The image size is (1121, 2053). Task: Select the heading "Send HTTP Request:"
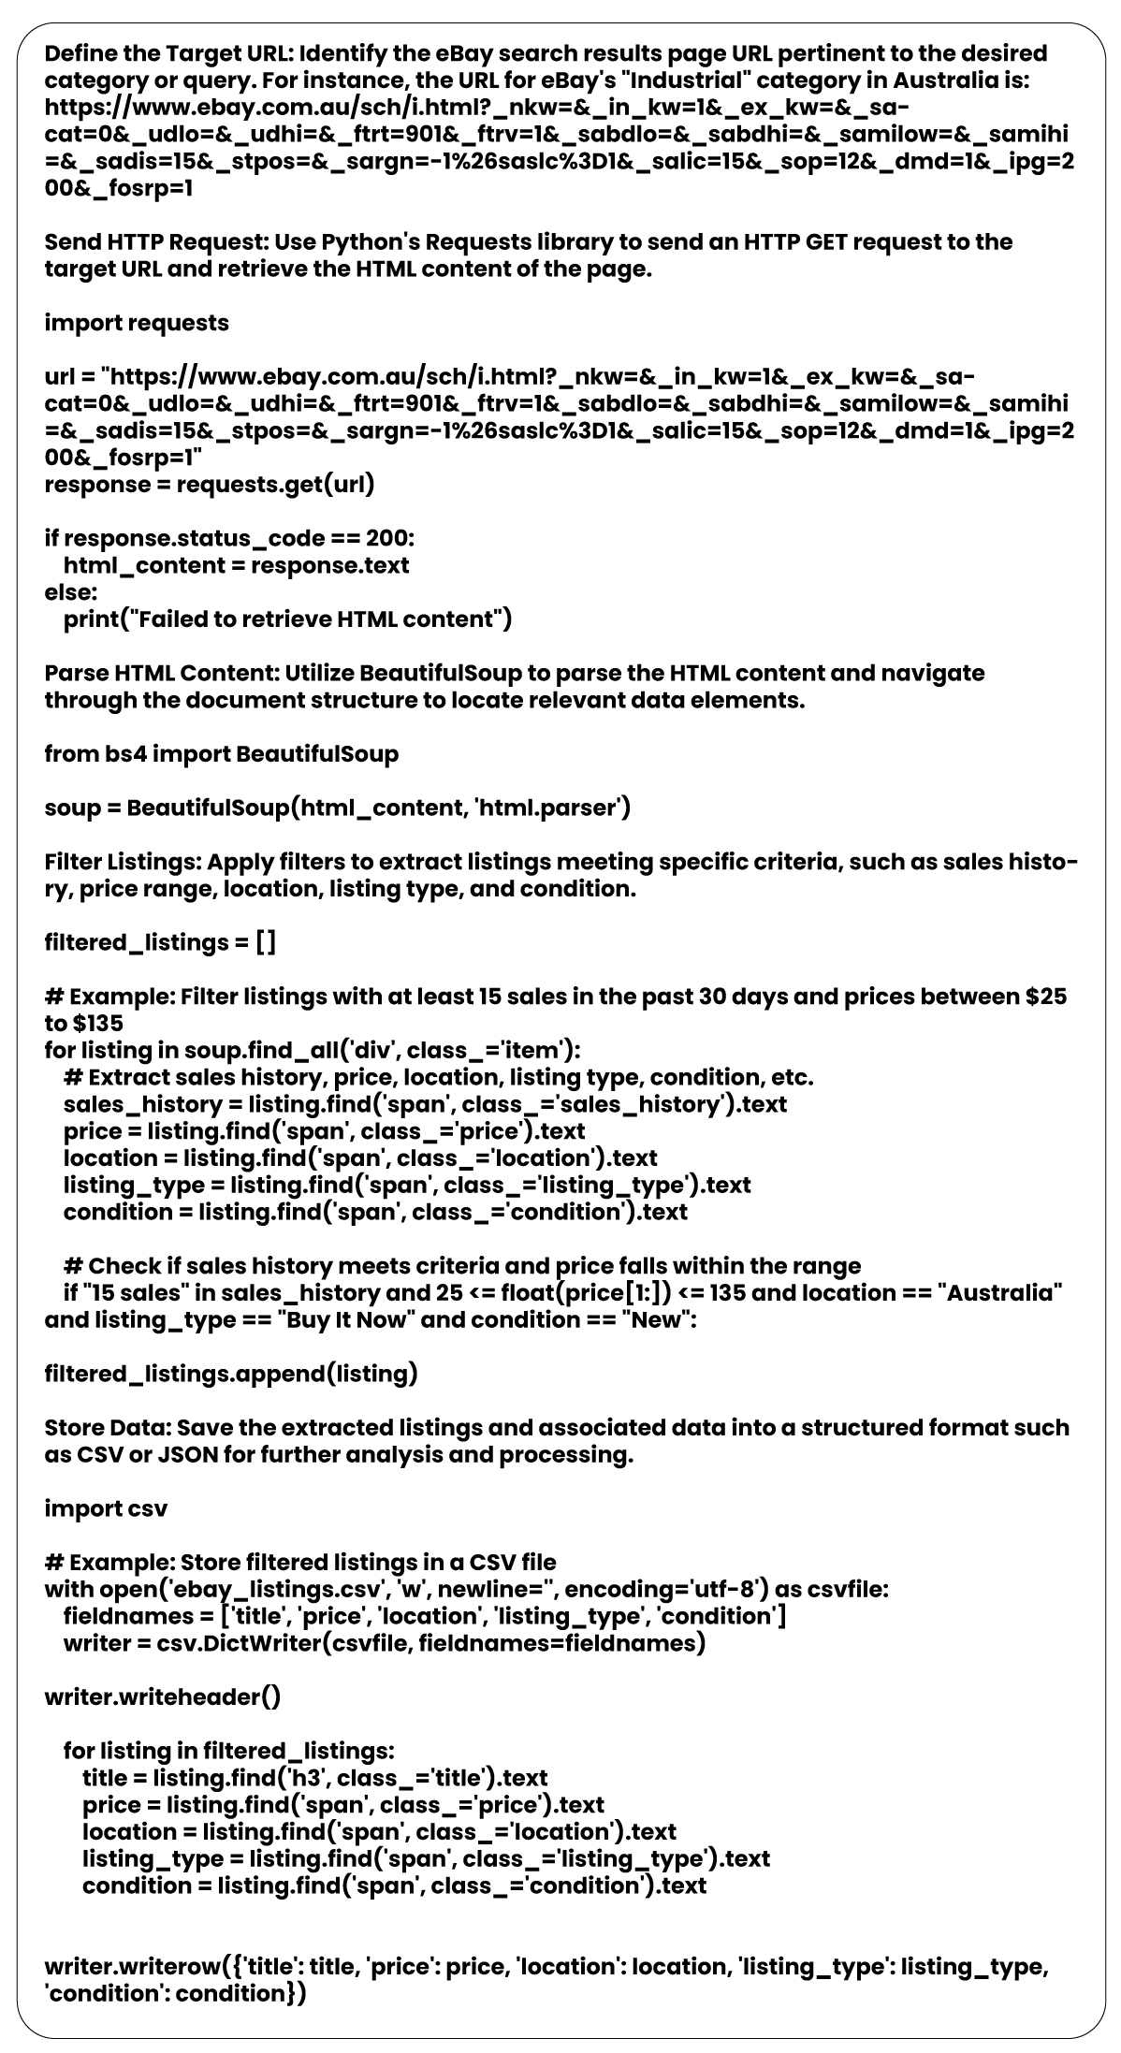[156, 242]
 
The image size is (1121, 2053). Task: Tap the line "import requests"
[137, 324]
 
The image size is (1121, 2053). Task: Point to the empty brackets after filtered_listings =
[266, 942]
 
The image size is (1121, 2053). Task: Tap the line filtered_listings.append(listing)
[231, 1375]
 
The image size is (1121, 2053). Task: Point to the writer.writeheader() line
[162, 1697]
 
